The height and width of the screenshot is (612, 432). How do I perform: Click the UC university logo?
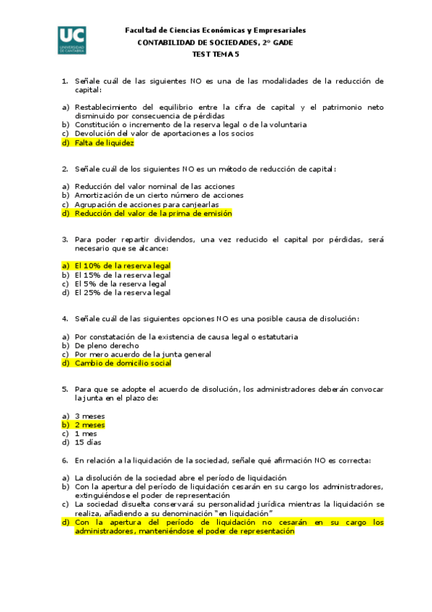[x=73, y=41]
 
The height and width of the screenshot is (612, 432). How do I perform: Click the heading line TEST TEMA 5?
[x=215, y=54]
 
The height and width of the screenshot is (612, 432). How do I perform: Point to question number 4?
[x=65, y=319]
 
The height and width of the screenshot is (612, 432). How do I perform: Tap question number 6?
[x=65, y=460]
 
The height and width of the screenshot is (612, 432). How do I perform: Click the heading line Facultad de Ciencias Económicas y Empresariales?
[x=215, y=31]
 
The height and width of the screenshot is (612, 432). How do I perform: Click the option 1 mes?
[x=86, y=434]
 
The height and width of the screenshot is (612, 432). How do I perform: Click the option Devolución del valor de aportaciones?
[x=154, y=134]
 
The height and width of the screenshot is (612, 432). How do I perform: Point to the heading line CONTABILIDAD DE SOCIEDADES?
[x=215, y=43]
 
